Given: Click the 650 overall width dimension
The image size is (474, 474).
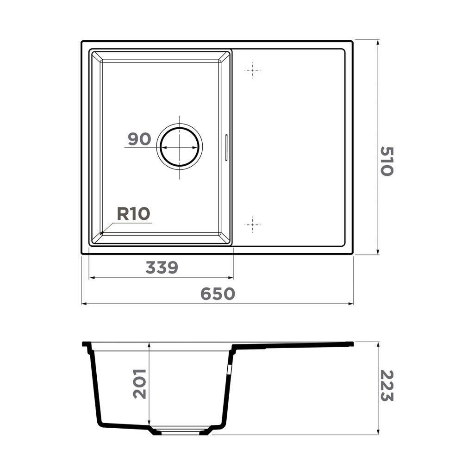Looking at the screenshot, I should pyautogui.click(x=218, y=293).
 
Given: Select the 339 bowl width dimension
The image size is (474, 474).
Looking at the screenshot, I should pyautogui.click(x=162, y=268).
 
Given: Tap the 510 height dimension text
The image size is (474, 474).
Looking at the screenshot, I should pyautogui.click(x=387, y=161).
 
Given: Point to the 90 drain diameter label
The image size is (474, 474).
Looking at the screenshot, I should pyautogui.click(x=139, y=139).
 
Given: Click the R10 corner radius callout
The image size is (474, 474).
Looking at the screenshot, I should pyautogui.click(x=133, y=214).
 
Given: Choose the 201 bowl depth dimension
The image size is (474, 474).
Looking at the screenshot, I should pyautogui.click(x=139, y=384).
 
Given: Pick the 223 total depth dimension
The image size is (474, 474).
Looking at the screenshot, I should pyautogui.click(x=387, y=386).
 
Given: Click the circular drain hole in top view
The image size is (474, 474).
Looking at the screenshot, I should pyautogui.click(x=180, y=147).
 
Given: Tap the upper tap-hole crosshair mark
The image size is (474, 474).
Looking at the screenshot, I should pyautogui.click(x=252, y=70).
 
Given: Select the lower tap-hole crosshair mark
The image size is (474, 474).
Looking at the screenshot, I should pyautogui.click(x=252, y=225).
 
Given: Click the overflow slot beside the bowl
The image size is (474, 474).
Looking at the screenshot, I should pyautogui.click(x=226, y=148).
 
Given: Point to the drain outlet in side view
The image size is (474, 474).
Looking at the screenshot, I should pyautogui.click(x=181, y=432).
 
